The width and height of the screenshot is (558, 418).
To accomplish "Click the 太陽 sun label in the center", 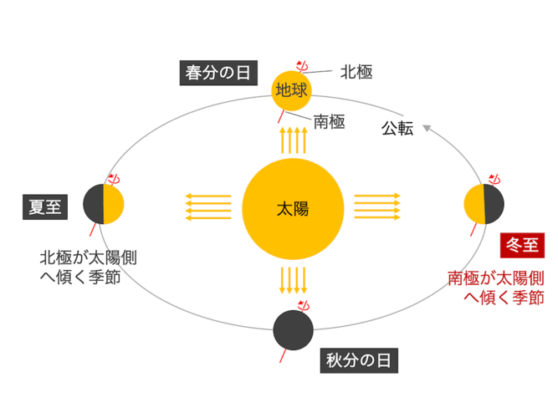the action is (x=293, y=209).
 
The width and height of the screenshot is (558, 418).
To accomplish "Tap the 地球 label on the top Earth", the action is (x=291, y=90).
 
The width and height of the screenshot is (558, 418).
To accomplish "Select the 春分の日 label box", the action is (x=218, y=73).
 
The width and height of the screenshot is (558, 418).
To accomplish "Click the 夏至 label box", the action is (x=45, y=207).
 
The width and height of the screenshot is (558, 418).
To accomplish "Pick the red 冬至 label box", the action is (x=522, y=245).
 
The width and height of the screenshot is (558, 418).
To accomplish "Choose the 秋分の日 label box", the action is (x=359, y=360).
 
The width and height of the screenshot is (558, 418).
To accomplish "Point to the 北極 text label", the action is (x=356, y=72).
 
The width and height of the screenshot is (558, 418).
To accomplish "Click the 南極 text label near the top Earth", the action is (x=329, y=122).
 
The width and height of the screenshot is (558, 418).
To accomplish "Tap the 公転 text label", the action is (x=397, y=128).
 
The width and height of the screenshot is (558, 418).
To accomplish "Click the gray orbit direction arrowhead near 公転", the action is (x=427, y=128).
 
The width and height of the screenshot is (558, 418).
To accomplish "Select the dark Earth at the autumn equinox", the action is (x=294, y=330).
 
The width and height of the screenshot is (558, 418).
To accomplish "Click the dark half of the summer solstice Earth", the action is (x=94, y=204).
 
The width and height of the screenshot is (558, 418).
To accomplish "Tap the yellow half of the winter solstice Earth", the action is (x=474, y=204).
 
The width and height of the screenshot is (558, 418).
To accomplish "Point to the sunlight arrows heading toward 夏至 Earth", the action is (x=208, y=206).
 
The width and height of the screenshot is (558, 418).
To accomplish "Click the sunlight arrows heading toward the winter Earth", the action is (x=377, y=206).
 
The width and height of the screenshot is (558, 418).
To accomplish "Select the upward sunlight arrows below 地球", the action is (x=294, y=140).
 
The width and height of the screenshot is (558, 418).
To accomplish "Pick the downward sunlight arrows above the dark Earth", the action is (x=294, y=281).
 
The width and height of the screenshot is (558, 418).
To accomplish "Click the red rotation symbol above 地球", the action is (x=303, y=66).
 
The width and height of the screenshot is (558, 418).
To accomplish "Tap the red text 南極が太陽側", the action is (x=496, y=278).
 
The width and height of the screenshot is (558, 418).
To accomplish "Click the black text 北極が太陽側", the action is (x=88, y=257).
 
